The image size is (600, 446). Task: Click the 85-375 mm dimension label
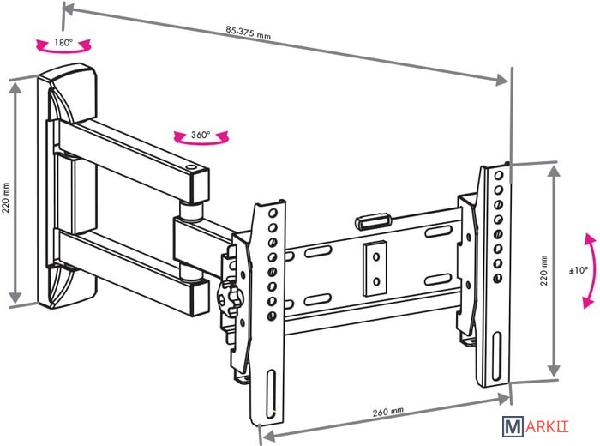pos(249,33)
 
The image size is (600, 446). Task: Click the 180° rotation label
pos(62,40)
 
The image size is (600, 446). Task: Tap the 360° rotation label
pos(201,135)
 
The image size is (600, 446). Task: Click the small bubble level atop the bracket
pos(372,220)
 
